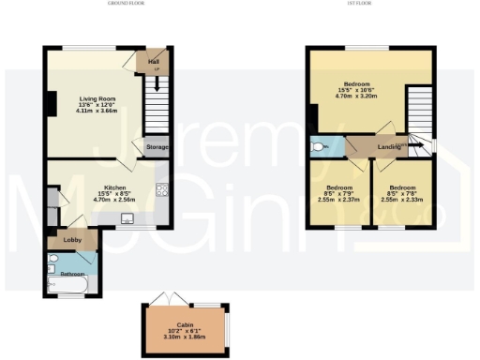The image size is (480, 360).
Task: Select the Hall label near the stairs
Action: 153,63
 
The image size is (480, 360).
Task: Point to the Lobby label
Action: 71,239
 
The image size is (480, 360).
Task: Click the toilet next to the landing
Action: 319,147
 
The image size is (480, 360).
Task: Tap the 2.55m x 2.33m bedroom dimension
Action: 401,199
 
